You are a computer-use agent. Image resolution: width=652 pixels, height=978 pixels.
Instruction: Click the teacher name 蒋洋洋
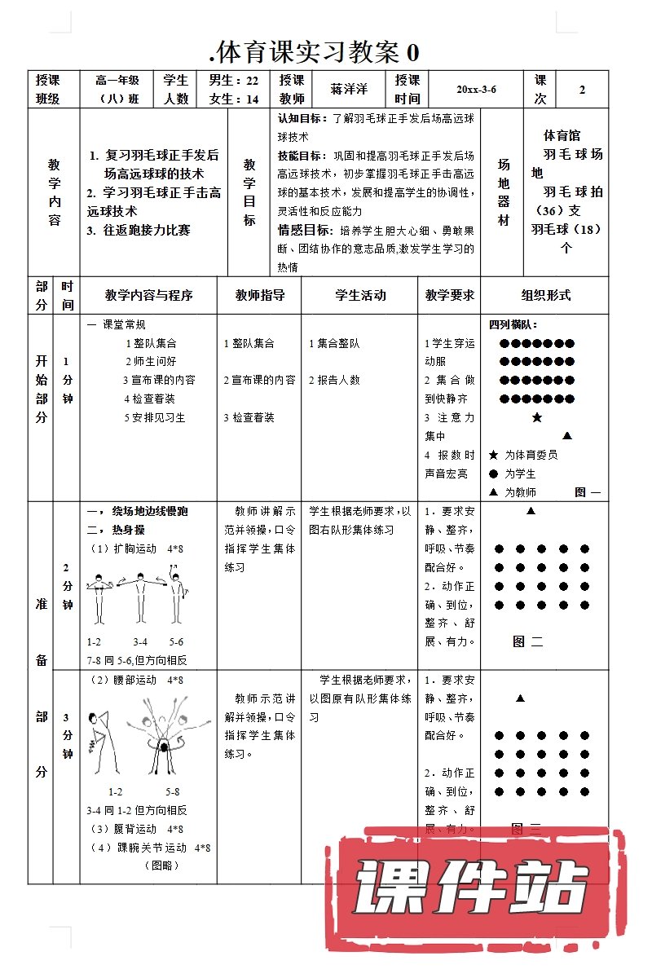[348, 90]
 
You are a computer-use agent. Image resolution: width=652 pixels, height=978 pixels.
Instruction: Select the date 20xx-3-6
[476, 90]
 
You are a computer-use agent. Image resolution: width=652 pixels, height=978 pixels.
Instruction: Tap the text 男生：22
[234, 80]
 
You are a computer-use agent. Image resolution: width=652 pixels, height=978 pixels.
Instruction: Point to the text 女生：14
[234, 99]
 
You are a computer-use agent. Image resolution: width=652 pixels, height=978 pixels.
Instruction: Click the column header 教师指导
[259, 295]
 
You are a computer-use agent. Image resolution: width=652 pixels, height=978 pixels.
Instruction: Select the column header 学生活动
[360, 295]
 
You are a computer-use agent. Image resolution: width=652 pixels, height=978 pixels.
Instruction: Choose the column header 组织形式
[546, 295]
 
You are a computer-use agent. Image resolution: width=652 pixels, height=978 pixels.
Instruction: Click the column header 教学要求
[449, 295]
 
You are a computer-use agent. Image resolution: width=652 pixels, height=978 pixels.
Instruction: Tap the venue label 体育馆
[562, 136]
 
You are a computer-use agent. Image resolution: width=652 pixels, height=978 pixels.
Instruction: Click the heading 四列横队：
[513, 324]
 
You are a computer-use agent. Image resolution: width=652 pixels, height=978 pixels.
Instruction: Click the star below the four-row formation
[536, 418]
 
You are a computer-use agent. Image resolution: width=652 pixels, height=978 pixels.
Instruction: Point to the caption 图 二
[527, 641]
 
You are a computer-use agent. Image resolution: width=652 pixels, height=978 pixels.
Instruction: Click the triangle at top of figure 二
[531, 511]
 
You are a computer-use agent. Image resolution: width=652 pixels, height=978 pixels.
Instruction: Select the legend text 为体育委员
[531, 455]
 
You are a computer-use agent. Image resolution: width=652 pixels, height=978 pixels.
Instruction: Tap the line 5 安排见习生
[155, 417]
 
